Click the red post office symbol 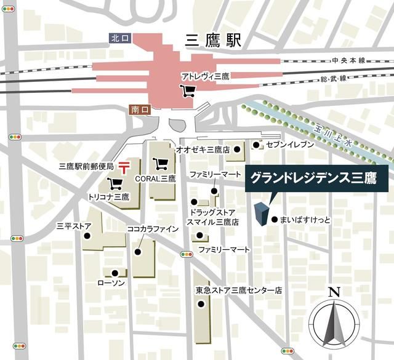click(124, 166)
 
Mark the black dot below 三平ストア click(88, 236)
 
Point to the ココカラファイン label click(153, 229)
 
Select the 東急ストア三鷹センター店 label click(239, 289)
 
